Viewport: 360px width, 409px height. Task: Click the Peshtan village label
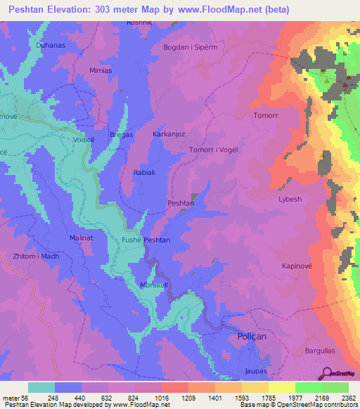pyautogui.click(x=181, y=202)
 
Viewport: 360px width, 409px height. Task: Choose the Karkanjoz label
pyautogui.click(x=169, y=133)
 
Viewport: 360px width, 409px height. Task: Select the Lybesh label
pyautogui.click(x=290, y=199)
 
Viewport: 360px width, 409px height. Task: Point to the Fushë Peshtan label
pyautogui.click(x=146, y=240)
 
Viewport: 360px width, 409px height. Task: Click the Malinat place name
pyautogui.click(x=82, y=238)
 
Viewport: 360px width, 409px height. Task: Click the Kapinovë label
pyautogui.click(x=296, y=267)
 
